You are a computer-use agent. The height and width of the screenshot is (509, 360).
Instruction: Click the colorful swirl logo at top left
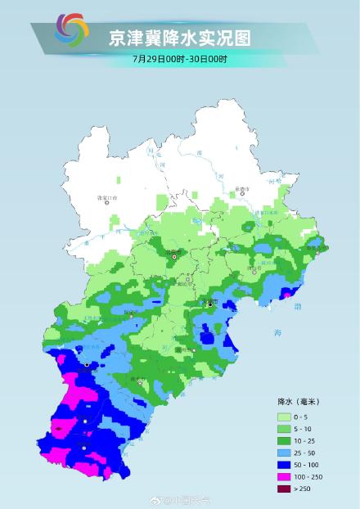tap(71, 31)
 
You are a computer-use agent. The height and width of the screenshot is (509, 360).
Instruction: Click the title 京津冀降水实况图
tap(180, 38)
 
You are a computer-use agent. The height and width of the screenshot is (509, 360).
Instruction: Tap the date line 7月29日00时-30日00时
tap(180, 59)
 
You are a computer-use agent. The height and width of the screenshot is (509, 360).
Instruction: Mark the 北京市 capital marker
tap(173, 255)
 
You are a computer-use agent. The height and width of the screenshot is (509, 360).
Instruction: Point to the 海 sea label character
tap(277, 333)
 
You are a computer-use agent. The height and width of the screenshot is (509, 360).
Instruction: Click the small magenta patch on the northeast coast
tap(287, 293)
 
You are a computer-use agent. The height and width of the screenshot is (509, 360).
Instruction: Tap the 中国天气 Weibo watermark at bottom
tap(188, 498)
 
